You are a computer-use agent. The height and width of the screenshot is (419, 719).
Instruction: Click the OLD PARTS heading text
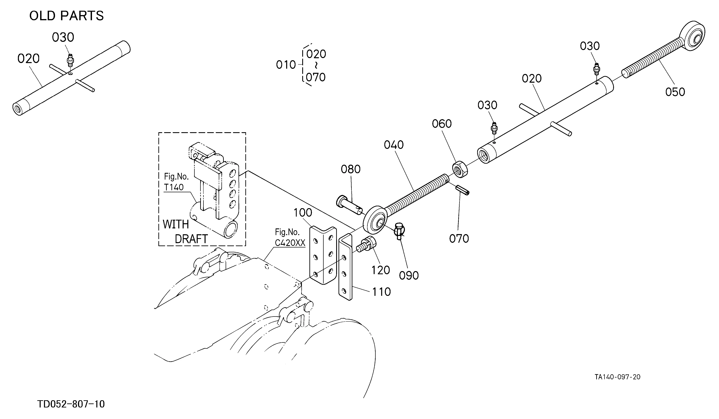(66, 16)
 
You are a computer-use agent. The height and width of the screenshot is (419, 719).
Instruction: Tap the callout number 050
(675, 92)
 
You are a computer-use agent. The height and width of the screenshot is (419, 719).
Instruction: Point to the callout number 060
(442, 124)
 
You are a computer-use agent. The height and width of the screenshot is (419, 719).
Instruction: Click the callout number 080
(351, 169)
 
